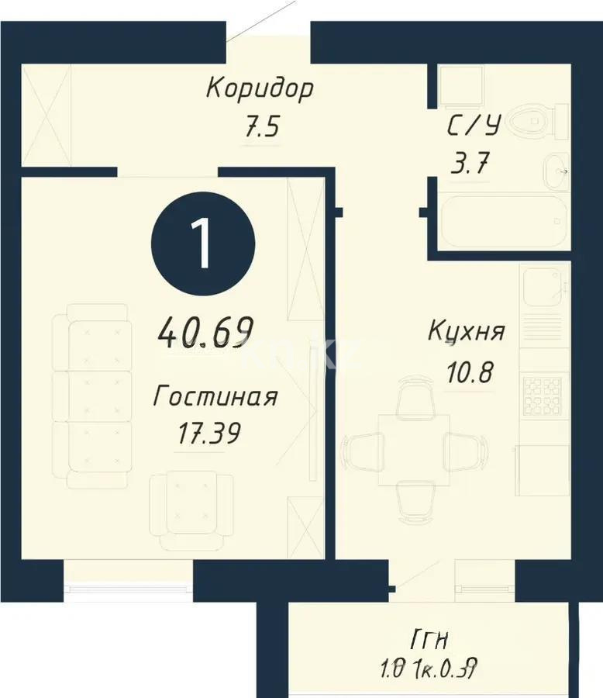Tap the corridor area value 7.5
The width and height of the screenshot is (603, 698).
tap(260, 126)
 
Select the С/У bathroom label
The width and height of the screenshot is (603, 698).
tap(474, 126)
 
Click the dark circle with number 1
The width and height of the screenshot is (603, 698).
tap(203, 242)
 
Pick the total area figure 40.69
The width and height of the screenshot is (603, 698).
tap(206, 333)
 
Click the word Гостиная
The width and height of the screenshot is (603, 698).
tap(215, 397)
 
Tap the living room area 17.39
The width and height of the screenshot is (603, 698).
tap(208, 432)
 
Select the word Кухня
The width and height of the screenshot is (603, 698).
tap(466, 332)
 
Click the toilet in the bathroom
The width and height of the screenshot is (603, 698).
tap(542, 120)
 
